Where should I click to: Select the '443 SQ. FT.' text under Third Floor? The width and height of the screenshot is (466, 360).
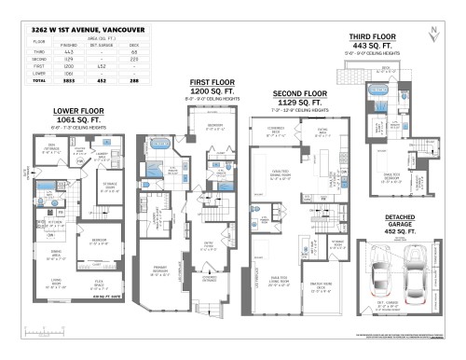[373, 45]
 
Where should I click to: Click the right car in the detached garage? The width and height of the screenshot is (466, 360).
[407, 270]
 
